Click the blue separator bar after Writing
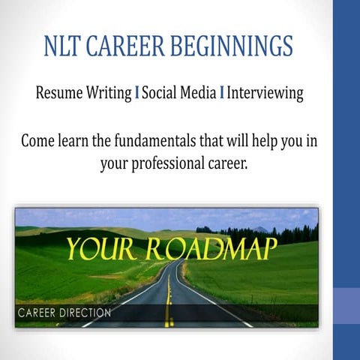coord(137,94)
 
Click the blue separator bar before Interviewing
coord(222,94)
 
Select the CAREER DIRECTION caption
coord(64,312)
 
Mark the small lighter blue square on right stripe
coord(346,307)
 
